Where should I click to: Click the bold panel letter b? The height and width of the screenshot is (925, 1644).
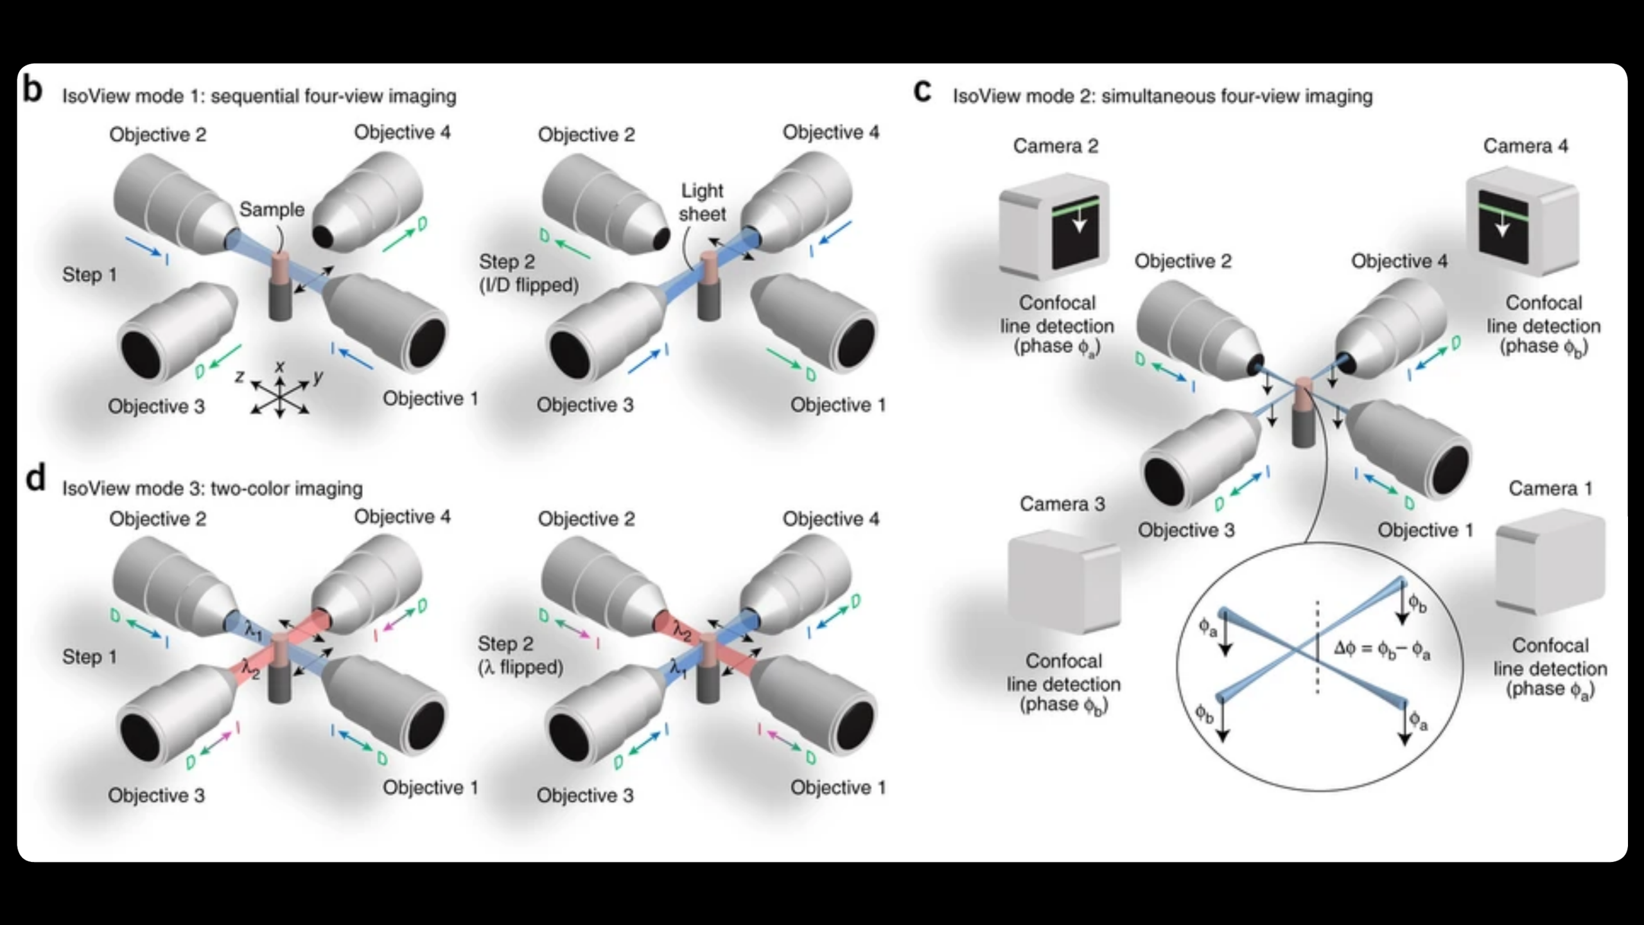pos(33,89)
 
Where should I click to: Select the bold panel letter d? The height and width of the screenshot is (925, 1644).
pos(35,478)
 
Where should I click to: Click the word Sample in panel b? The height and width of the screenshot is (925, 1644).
pos(272,209)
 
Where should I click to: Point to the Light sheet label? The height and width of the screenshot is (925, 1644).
pos(702,202)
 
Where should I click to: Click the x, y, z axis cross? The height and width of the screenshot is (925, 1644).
pos(280,392)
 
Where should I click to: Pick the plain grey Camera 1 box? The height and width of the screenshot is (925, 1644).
pos(1550,561)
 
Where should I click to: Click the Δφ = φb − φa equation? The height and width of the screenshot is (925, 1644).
pos(1381,649)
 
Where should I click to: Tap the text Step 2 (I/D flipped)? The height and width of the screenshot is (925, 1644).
pos(528,273)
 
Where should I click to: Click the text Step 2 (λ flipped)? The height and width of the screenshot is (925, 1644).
pos(520,655)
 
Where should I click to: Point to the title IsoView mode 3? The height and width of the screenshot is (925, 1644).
pos(212,489)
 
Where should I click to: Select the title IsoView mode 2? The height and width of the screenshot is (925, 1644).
pos(1162,97)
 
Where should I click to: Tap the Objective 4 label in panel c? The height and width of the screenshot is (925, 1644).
pos(1399,261)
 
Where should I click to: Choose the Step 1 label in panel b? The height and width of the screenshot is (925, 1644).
pos(89,275)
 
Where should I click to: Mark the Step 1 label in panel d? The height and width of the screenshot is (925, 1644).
pos(89,657)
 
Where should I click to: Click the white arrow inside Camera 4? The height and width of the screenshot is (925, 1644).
pos(1502,225)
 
